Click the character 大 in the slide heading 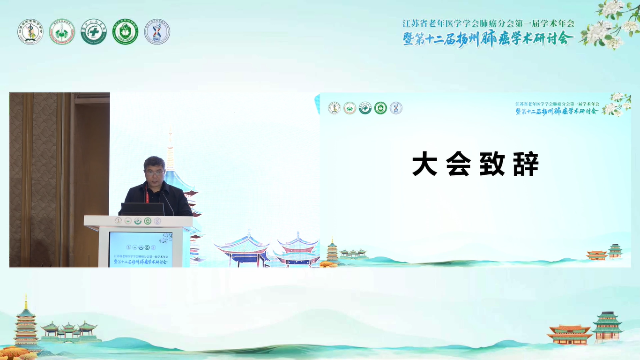pyautogui.click(x=424, y=165)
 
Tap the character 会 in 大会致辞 pyautogui.click(x=459, y=165)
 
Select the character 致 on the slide pyautogui.click(x=492, y=165)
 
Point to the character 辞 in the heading pyautogui.click(x=526, y=165)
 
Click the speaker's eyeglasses pyautogui.click(x=155, y=173)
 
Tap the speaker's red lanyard pyautogui.click(x=147, y=196)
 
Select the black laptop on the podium pyautogui.click(x=142, y=209)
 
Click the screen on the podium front pyautogui.click(x=141, y=249)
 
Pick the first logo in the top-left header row pyautogui.click(x=30, y=32)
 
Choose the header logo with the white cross pyautogui.click(x=94, y=32)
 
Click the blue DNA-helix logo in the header pyautogui.click(x=157, y=32)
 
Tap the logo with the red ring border pyautogui.click(x=62, y=32)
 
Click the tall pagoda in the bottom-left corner pyautogui.click(x=26, y=323)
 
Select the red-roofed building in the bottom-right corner pyautogui.click(x=569, y=334)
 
